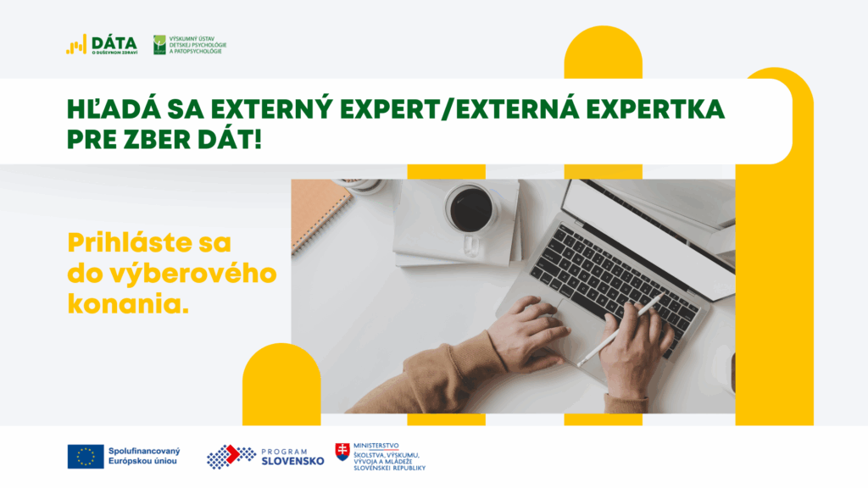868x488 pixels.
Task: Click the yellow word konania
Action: point(129,304)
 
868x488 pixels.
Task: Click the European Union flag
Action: point(86,457)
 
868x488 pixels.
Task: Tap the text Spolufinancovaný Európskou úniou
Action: point(144,456)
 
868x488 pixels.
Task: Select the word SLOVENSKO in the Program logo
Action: point(292,462)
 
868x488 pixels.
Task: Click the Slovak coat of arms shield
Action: point(342,452)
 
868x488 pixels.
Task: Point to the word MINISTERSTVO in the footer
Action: point(376,446)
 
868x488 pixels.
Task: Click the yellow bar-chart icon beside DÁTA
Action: point(76,45)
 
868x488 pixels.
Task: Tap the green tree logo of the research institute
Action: point(159,45)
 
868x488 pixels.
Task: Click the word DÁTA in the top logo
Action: point(114,42)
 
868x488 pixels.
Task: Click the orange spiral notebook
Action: point(320,213)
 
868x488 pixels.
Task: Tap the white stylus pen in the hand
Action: point(620,330)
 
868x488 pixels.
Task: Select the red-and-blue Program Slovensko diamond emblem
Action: point(231,457)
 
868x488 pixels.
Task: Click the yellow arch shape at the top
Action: point(603,52)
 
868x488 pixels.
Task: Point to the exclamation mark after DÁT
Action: point(257,140)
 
